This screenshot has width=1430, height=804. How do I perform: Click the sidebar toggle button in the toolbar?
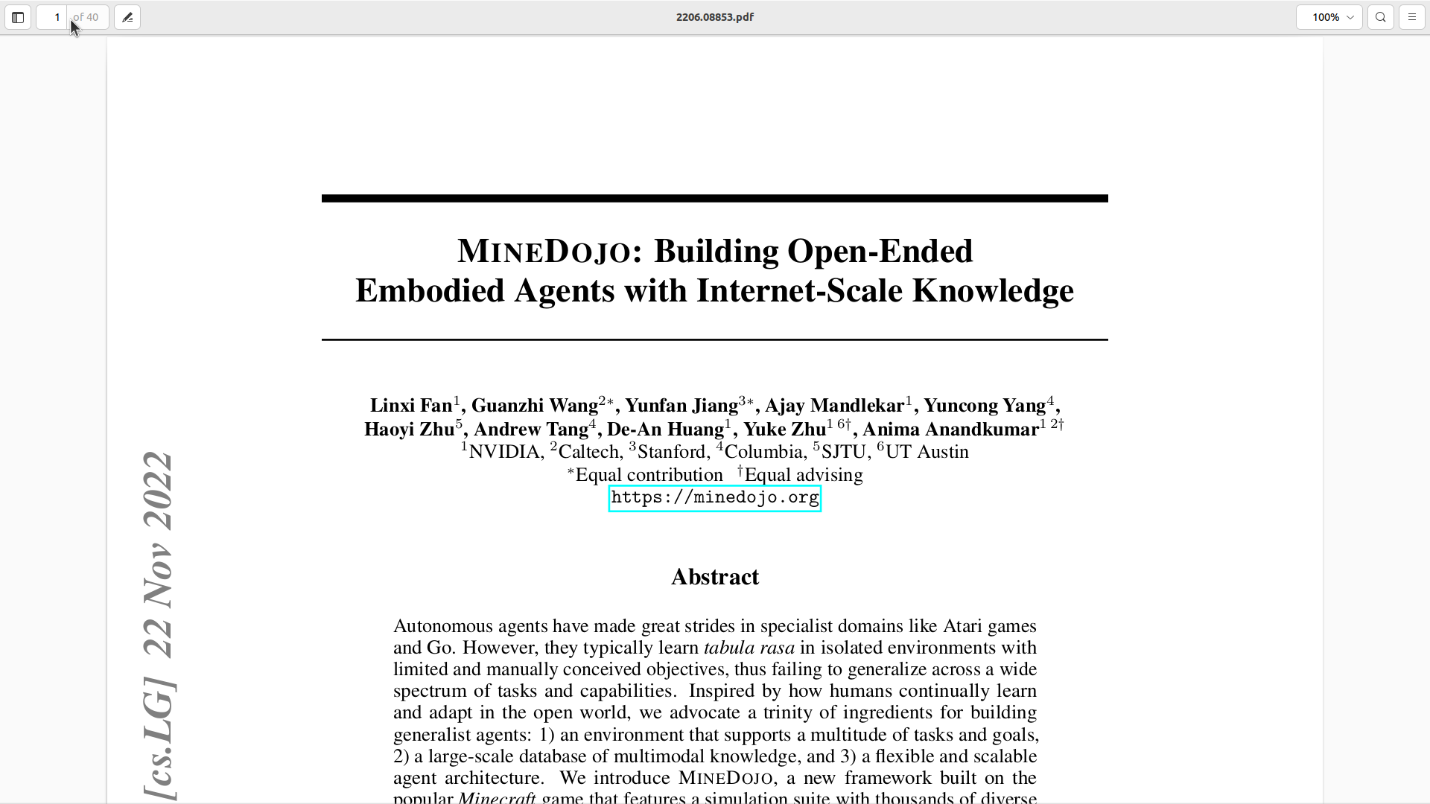(x=18, y=17)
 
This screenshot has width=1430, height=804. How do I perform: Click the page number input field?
(x=54, y=17)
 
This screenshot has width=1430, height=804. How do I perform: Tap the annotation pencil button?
(x=127, y=17)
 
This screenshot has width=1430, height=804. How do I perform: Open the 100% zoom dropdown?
(x=1329, y=17)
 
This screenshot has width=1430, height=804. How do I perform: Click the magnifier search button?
(x=1381, y=17)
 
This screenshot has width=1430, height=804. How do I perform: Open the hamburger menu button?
(x=1412, y=17)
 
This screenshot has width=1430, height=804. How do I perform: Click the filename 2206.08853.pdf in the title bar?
(x=714, y=17)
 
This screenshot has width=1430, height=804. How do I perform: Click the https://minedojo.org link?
(x=715, y=498)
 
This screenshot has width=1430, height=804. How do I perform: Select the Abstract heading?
(x=715, y=577)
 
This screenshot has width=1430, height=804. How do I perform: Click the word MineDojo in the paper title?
(x=544, y=252)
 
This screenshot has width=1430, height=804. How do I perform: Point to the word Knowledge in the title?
(x=993, y=291)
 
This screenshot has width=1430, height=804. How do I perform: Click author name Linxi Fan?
(x=411, y=406)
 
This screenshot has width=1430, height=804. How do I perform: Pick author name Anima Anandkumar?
(x=950, y=430)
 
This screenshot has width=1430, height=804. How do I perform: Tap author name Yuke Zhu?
(x=784, y=430)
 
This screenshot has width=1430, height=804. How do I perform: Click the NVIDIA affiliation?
(x=504, y=453)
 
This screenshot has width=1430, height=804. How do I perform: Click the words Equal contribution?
(x=649, y=475)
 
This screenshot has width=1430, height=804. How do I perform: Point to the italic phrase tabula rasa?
(x=749, y=648)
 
